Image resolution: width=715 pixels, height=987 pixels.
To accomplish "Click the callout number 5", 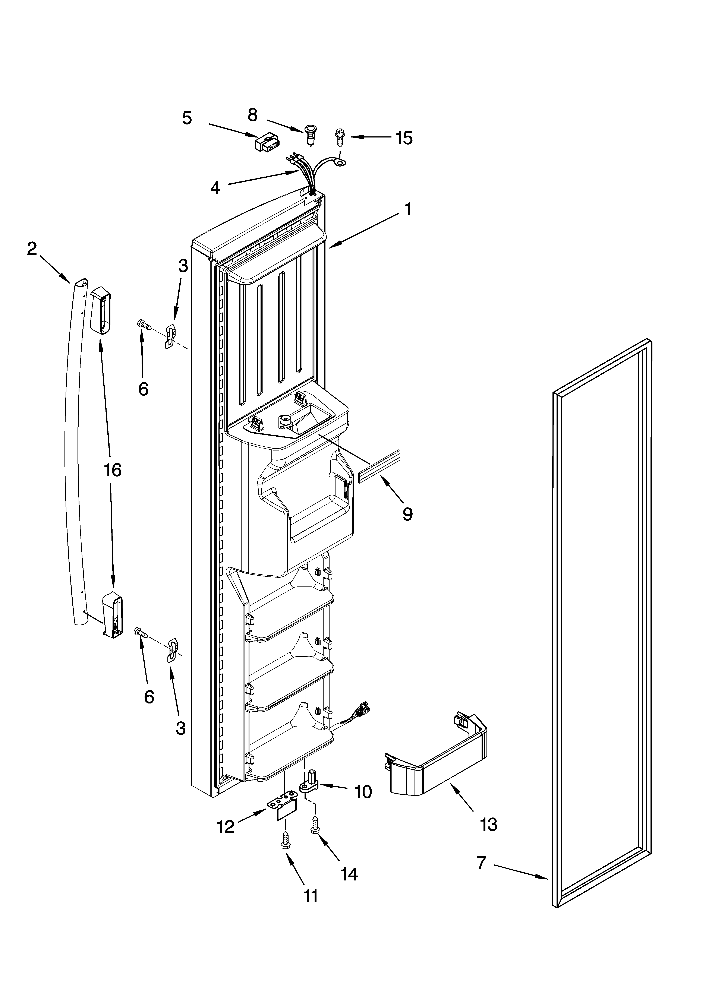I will click(x=187, y=118).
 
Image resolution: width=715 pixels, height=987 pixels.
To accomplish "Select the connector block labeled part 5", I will click(x=267, y=142).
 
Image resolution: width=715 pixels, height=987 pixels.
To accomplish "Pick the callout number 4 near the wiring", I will click(x=215, y=188).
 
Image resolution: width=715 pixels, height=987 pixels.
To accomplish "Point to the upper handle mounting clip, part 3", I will click(x=171, y=336).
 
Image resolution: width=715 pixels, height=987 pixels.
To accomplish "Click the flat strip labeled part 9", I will click(x=378, y=466).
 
